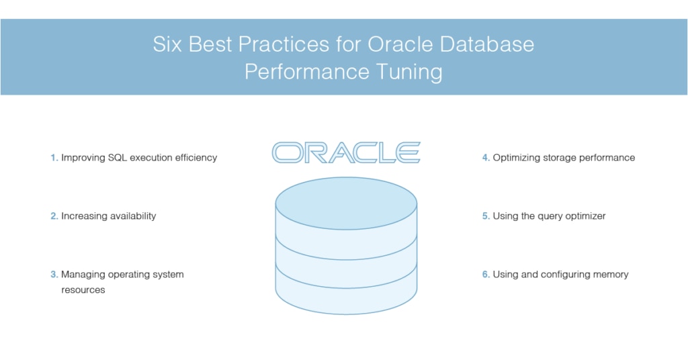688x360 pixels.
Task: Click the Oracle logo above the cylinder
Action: pos(346,152)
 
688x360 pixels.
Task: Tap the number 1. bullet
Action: pos(54,158)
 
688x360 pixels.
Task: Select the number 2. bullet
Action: pos(54,216)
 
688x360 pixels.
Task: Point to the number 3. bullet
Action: pos(54,275)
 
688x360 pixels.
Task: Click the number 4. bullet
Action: pos(486,158)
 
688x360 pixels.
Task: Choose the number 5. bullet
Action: pos(486,216)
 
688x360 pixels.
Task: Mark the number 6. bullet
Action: pos(486,275)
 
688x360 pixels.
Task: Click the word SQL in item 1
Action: pos(118,158)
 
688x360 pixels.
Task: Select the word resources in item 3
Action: pos(83,290)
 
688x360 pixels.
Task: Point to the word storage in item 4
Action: pos(556,158)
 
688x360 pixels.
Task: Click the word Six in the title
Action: pos(167,45)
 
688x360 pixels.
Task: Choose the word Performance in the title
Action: pos(304,71)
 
